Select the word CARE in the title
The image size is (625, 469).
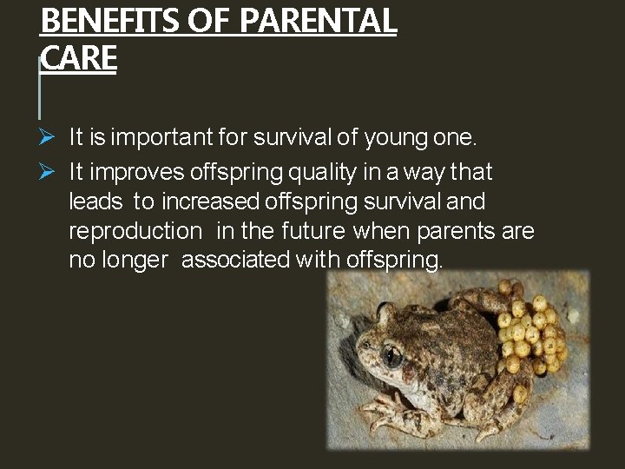point(78,58)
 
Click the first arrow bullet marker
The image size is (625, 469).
point(48,137)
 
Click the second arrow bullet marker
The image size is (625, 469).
point(48,172)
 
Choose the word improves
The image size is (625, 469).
point(131,173)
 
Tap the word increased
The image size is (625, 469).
point(208,201)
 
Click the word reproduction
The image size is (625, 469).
point(135,231)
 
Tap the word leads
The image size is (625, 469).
point(95,201)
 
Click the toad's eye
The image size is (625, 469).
point(392,355)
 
